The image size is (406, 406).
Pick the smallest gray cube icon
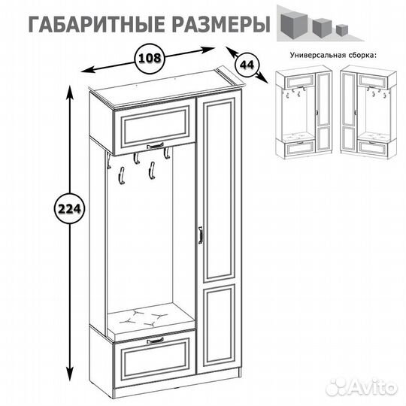point(342,30)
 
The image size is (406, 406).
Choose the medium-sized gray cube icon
point(322,28)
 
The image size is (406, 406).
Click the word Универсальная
point(316,56)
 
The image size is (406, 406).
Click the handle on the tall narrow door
point(200,235)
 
